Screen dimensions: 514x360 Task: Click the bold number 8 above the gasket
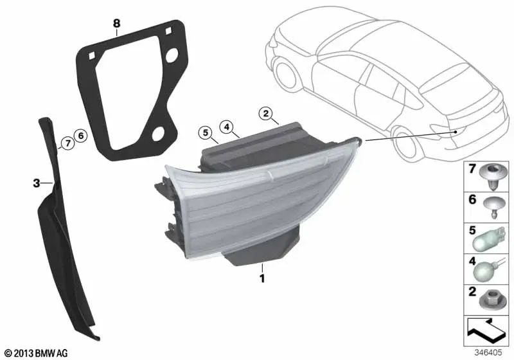coord(117,23)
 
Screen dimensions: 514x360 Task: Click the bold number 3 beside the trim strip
coord(37,183)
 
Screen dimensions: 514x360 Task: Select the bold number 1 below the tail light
coord(262,278)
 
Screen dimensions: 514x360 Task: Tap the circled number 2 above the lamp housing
coord(265,113)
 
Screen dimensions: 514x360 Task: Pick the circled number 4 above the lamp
coord(227,127)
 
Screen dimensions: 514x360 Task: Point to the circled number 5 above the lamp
coord(206,133)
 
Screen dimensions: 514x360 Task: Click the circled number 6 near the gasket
coord(81,136)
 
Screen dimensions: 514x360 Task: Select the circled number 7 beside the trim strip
coord(67,143)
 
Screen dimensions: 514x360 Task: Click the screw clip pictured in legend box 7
coord(493,177)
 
